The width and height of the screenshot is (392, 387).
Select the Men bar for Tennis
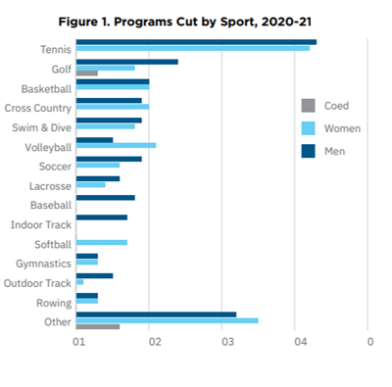tap(196, 42)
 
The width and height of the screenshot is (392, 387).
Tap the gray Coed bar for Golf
tap(87, 73)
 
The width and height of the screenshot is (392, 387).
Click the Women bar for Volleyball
tap(116, 145)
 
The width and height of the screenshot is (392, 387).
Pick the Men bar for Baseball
tap(105, 198)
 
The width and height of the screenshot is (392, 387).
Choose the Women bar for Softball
tap(101, 242)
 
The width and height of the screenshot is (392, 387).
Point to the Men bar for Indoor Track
tap(101, 217)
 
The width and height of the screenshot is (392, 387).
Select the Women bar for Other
tap(167, 319)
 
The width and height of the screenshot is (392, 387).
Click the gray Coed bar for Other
tap(98, 326)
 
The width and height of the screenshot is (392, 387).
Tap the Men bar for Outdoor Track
tap(94, 275)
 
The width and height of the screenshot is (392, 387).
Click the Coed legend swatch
tap(308, 106)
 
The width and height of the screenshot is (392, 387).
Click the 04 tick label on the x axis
tap(300, 341)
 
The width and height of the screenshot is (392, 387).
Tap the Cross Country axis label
tap(37, 108)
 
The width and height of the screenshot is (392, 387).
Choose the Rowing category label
tap(54, 302)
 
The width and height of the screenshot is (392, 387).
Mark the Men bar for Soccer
tap(109, 159)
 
